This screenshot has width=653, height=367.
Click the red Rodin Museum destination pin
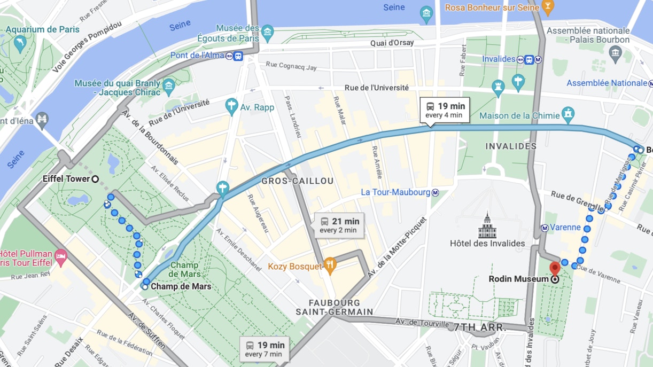(x=555, y=268)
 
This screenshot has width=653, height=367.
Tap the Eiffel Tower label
(x=66, y=179)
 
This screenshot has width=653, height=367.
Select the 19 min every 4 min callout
(x=445, y=110)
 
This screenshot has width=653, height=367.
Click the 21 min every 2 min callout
(x=339, y=225)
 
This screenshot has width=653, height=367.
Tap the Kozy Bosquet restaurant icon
(x=330, y=264)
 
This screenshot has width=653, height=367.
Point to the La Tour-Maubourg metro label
(x=395, y=192)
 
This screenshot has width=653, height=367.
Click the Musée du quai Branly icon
(x=169, y=85)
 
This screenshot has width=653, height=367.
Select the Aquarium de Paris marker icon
(x=20, y=43)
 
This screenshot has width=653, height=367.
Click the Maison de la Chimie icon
(x=569, y=114)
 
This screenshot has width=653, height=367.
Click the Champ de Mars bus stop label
(x=180, y=287)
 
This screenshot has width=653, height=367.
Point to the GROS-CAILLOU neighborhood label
(x=297, y=181)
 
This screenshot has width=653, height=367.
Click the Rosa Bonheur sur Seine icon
(x=547, y=6)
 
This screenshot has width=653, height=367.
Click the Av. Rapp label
(x=256, y=107)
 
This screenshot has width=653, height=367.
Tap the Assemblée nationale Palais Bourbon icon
(x=615, y=52)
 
